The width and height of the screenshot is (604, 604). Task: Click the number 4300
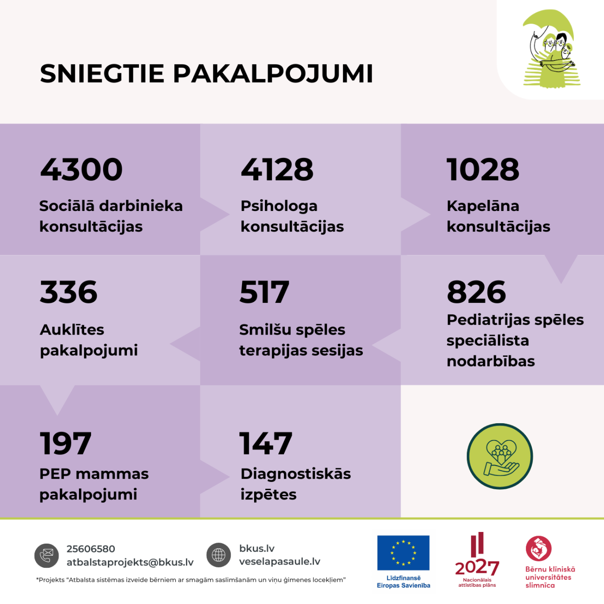point(81,170)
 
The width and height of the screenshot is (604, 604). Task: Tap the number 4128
point(277,170)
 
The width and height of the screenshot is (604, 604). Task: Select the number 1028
point(483,170)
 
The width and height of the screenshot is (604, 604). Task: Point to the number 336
point(69,292)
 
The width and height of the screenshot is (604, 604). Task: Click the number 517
point(264,292)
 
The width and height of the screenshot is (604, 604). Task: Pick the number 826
point(476,292)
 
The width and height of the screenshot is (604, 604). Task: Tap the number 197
point(65,444)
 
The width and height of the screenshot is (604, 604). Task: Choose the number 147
point(265,444)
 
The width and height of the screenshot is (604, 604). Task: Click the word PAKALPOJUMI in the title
point(273,74)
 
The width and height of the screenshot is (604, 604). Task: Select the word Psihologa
point(279,206)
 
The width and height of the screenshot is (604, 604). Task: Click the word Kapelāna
point(483,206)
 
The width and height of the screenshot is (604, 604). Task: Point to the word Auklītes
point(72,330)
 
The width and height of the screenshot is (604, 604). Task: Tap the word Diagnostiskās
point(295,474)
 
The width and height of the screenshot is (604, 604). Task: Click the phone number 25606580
point(91,549)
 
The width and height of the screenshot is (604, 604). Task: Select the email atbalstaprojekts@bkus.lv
point(130,562)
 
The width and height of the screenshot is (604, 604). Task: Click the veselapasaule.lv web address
point(280,561)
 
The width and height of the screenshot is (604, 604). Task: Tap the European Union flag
point(403,552)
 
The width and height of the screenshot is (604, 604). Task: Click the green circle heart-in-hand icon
point(499,456)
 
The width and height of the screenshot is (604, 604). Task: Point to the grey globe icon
point(219,555)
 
